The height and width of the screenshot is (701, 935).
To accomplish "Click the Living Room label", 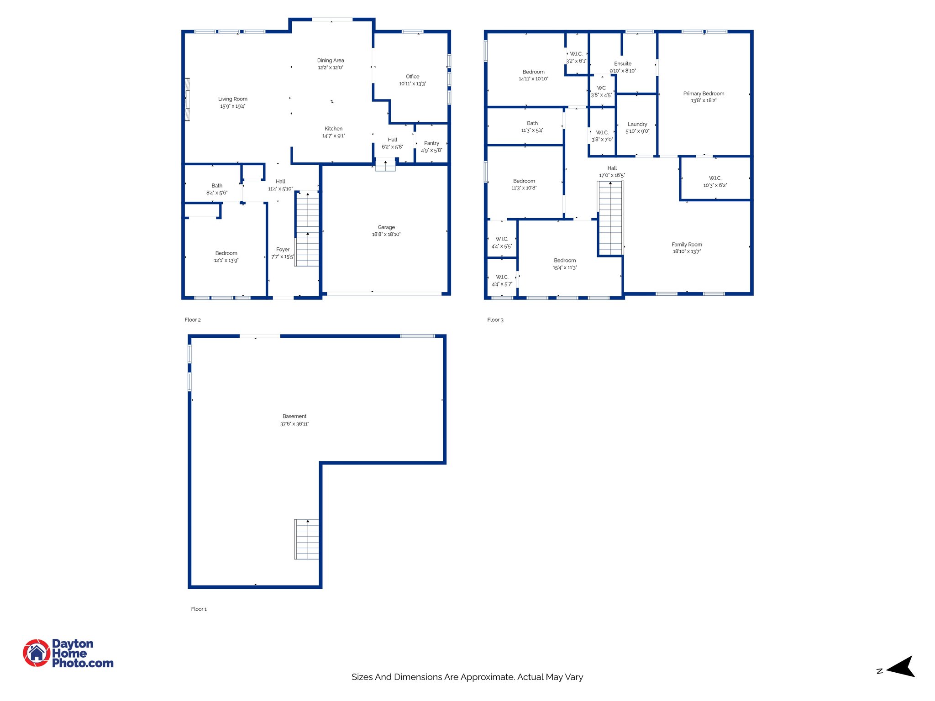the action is coord(233,99).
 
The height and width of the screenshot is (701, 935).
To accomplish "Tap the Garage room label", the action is coord(386,227).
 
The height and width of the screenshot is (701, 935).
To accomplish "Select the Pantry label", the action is coord(431,143).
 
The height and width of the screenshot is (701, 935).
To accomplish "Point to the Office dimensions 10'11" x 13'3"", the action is coord(413,84).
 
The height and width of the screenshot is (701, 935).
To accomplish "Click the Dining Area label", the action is coord(331,60).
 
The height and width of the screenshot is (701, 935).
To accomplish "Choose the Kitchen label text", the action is coord(333,129).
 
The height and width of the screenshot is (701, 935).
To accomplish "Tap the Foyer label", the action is coord(283,250).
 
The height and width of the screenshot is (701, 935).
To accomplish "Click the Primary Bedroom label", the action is coord(704,94).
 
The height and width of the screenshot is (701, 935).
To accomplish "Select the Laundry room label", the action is coord(637,124).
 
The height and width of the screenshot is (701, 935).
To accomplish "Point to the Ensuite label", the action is coord(623,64).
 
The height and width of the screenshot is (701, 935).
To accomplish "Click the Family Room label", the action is coord(687,245).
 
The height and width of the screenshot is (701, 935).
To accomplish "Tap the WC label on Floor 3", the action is coord(601,88).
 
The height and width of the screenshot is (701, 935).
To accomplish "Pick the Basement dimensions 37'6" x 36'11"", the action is coord(294,424).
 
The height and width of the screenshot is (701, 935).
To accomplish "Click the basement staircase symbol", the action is coord(307,539).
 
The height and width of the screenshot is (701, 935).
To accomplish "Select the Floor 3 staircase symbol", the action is coord(610,218).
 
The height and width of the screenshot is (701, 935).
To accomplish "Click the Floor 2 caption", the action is coord(193,320).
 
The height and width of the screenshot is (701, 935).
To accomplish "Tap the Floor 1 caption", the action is coord(199,609).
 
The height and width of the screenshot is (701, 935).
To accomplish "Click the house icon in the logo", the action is coord(37,653).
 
